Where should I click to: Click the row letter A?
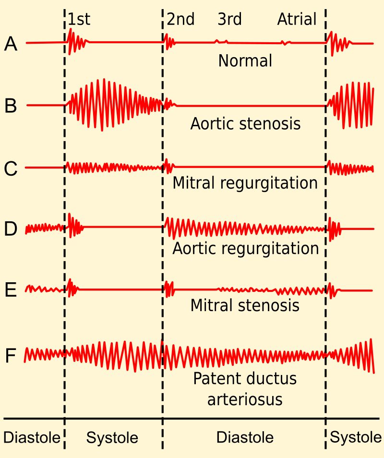coord(11,44)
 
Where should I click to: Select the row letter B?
coord(11,106)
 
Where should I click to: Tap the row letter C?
coord(11,169)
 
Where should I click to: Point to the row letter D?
coord(11,229)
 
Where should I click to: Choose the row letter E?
coord(11,290)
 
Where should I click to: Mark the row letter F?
coord(11,356)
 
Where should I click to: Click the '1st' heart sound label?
coord(79,19)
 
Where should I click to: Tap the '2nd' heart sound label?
coord(180,19)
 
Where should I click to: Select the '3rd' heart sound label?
coord(229,19)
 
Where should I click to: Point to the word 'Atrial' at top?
coord(297,19)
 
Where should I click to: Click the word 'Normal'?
coord(245,61)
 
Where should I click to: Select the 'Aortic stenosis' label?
coord(245,124)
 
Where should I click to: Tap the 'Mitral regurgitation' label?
coord(245,183)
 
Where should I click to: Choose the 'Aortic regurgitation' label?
coord(245,248)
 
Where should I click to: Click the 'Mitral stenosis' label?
coord(245,305)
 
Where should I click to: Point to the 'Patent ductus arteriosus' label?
coord(245,389)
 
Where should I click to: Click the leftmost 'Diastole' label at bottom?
coord(32,437)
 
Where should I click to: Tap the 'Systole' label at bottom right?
coord(356,437)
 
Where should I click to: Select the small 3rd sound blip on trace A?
coord(221,42)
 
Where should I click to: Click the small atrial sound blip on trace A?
coord(286,43)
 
